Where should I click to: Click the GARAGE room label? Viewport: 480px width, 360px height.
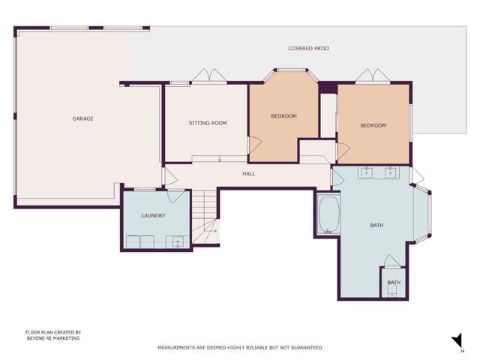82,118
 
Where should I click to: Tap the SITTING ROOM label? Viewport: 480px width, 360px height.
208,123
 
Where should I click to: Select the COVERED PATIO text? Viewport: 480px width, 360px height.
308,49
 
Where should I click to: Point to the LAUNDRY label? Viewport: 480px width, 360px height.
153,216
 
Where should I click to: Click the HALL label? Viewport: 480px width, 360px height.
248,174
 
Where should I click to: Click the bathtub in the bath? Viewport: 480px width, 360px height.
328,214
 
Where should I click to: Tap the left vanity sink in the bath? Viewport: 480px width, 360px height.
367,172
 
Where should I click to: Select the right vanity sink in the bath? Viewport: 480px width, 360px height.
391,172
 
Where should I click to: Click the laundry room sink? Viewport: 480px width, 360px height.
178,241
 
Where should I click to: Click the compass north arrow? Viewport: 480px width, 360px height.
457,342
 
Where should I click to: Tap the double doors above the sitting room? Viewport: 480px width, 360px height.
208,76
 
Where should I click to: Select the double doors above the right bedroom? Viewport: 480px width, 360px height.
373,76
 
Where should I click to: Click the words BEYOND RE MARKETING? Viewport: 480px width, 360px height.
52,338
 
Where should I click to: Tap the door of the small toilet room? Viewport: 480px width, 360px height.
391,261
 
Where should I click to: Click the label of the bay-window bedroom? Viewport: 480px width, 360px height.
283,116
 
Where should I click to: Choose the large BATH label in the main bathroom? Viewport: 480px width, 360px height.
376,225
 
